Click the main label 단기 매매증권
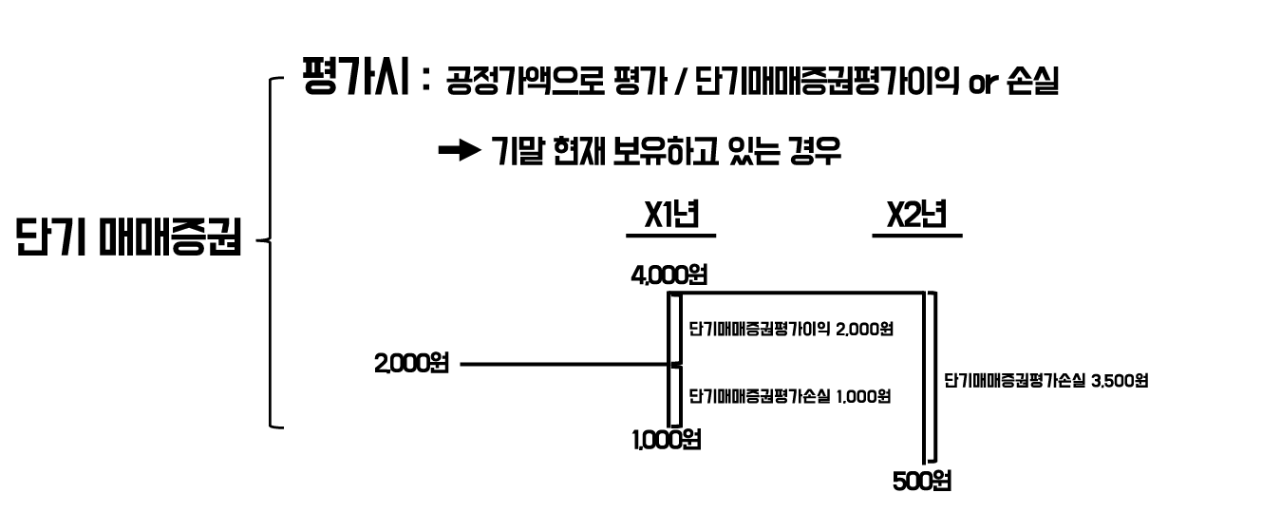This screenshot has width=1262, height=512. point(128,238)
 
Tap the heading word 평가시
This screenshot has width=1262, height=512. point(356,78)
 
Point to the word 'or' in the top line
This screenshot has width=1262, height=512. point(969,85)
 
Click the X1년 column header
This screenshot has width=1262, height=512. point(670,215)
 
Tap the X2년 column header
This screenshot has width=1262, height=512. point(915,215)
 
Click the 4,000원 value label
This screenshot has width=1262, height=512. point(670,276)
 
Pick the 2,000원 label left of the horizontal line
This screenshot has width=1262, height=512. point(411,363)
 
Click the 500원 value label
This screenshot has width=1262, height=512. point(921,482)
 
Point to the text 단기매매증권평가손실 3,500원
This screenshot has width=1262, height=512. point(1046,381)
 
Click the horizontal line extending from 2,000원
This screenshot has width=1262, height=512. point(560,364)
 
